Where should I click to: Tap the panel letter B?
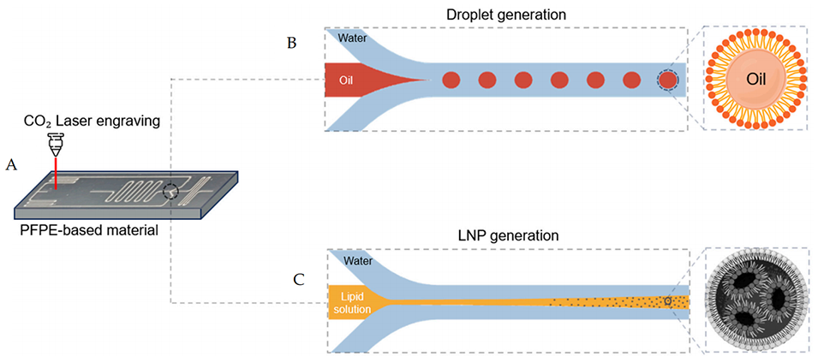291,44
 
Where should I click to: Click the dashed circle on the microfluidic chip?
173,193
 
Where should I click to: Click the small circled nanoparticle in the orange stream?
669,301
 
